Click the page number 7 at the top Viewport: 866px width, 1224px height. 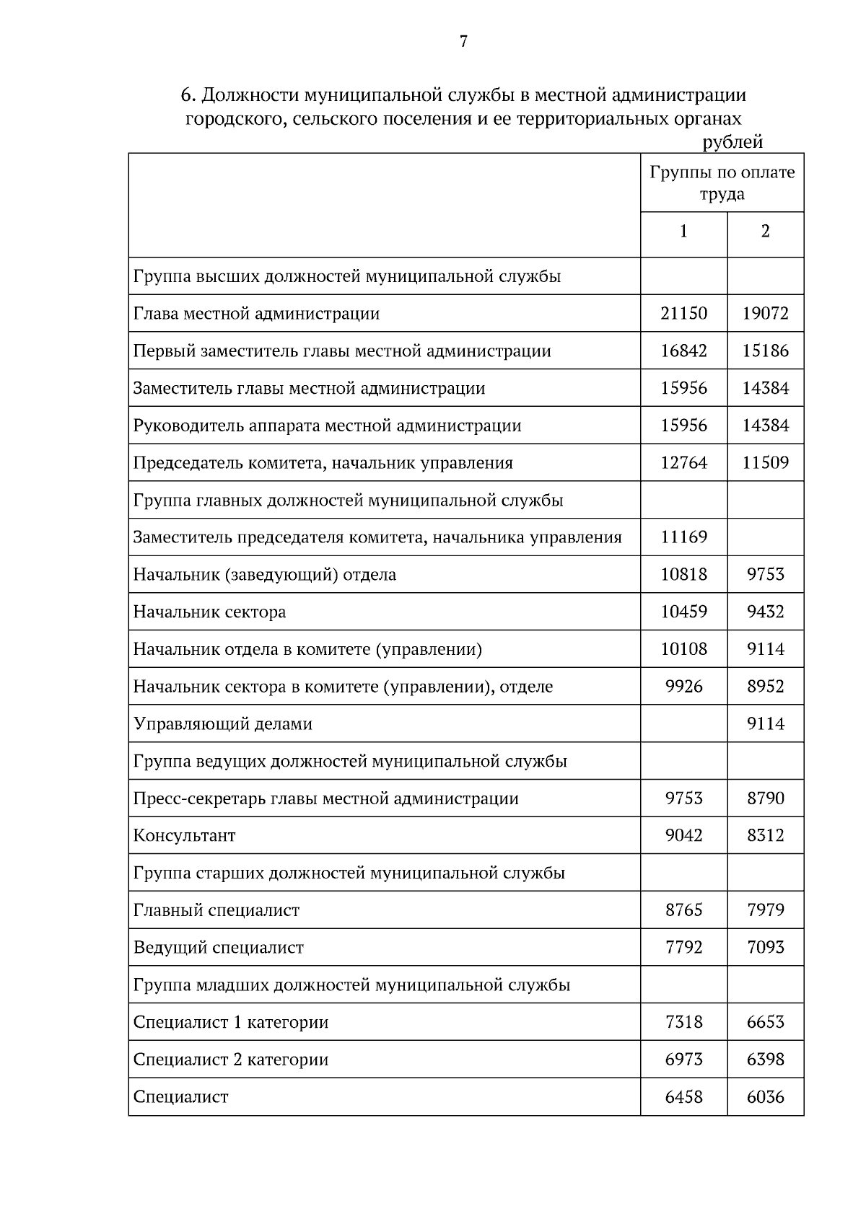point(463,42)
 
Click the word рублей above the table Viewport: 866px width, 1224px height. point(732,142)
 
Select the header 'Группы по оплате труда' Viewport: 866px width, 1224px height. point(722,183)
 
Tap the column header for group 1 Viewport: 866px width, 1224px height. point(683,231)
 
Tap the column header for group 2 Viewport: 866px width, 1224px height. point(765,231)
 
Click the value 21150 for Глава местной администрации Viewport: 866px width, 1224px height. point(683,314)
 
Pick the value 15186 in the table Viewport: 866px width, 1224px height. point(765,351)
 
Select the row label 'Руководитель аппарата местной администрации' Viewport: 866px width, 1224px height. point(327,426)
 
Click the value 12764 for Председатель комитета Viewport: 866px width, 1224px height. point(683,463)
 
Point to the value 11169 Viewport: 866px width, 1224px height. point(683,537)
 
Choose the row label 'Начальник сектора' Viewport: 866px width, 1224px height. point(209,612)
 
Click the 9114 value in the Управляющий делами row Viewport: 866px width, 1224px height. point(765,724)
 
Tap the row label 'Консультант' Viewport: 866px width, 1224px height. point(184,836)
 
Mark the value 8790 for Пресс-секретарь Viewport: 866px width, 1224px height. point(765,798)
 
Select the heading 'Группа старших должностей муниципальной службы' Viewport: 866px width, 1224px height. point(349,873)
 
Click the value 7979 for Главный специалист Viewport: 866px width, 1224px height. point(765,910)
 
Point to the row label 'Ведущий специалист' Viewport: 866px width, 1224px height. point(218,948)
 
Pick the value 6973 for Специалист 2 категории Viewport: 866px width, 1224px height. point(683,1060)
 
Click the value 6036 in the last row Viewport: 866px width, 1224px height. point(765,1097)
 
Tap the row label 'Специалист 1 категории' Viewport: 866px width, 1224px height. point(230,1023)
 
